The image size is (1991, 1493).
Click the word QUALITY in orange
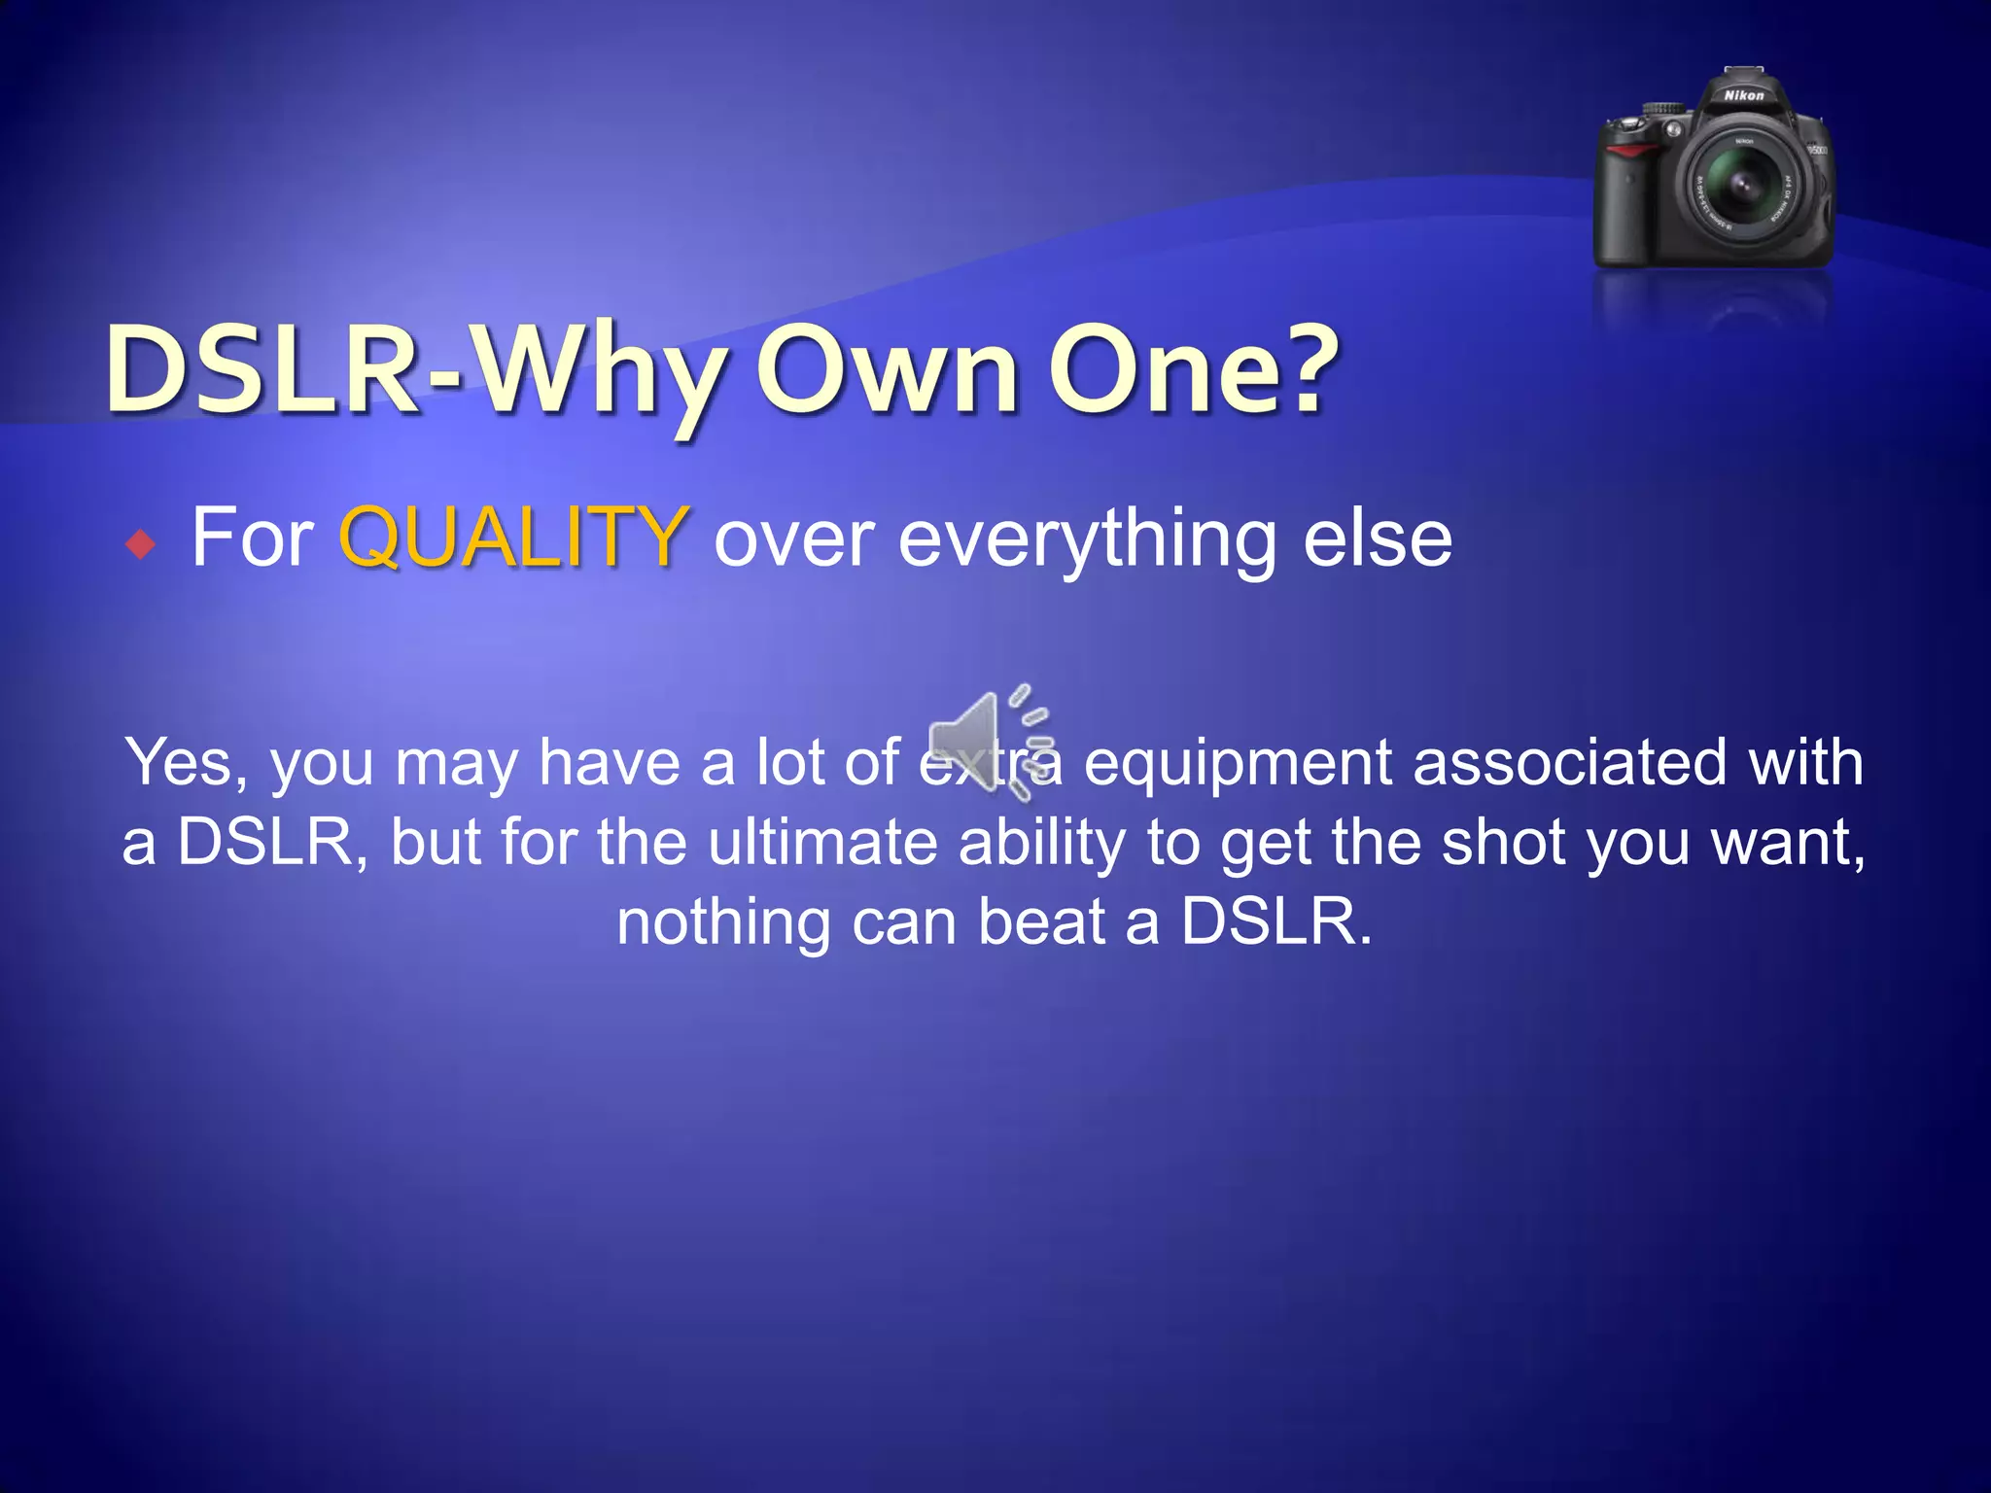513,537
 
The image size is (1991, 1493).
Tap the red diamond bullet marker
141,544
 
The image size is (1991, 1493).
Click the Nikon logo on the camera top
1744,95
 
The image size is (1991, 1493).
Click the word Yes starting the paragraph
186,762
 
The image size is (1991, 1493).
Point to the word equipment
1238,764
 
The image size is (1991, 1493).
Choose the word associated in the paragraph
1569,762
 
